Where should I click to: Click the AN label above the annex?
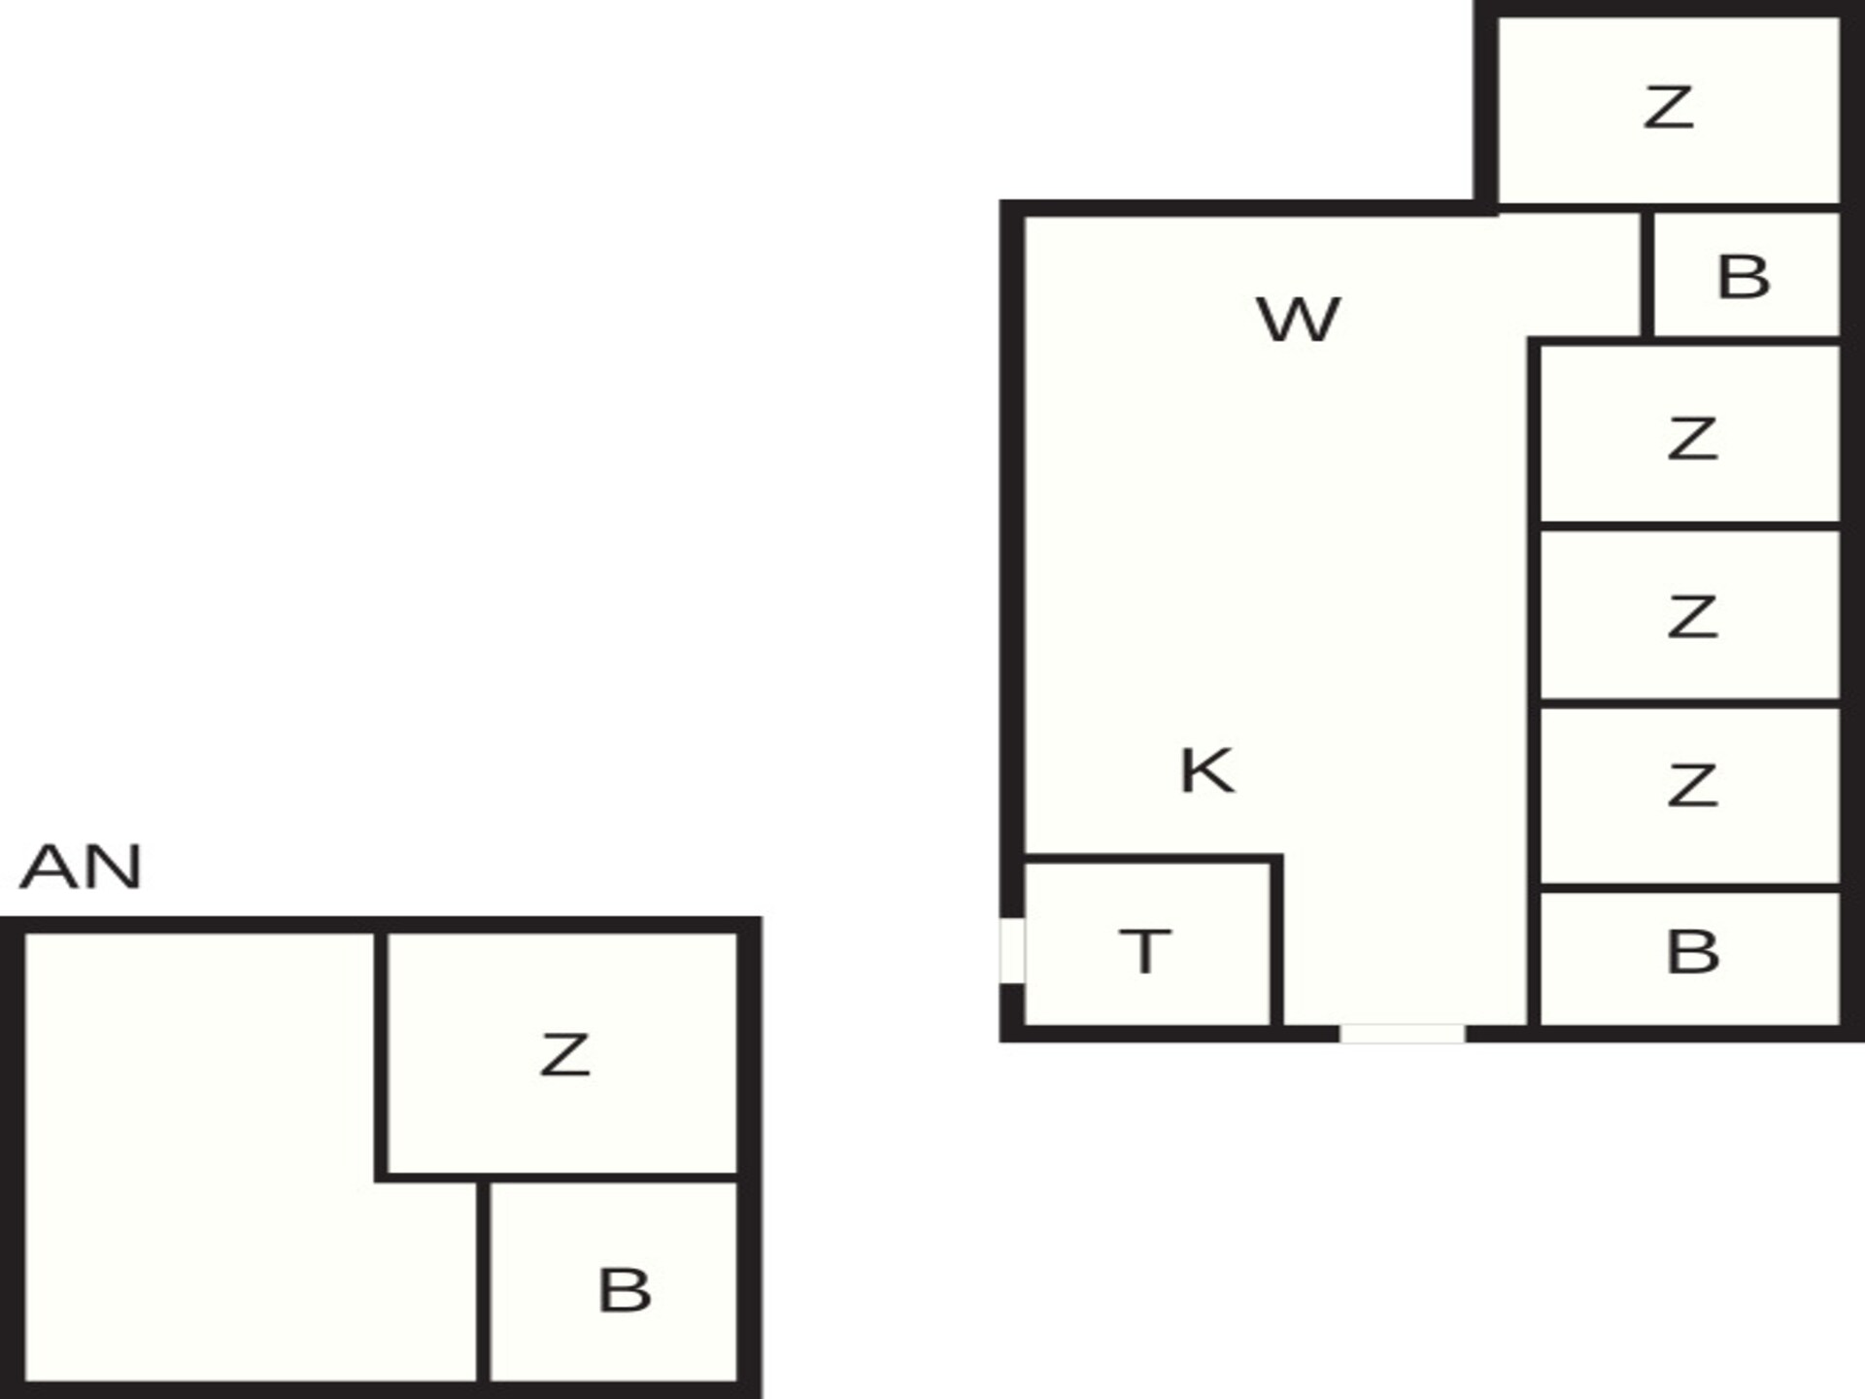[x=82, y=867]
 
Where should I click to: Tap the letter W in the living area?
[x=1299, y=320]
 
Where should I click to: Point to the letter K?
[x=1206, y=770]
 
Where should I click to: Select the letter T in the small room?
[x=1145, y=951]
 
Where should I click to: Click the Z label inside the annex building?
[x=564, y=1055]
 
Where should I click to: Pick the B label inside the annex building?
[x=624, y=1290]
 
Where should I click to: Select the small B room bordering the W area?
[x=1746, y=275]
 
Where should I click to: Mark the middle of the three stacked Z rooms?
[x=1690, y=613]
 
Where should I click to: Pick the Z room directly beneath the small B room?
[x=1690, y=433]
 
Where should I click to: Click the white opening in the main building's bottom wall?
[x=1403, y=1034]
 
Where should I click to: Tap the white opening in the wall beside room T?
[x=1012, y=950]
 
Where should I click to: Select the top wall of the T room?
[x=1153, y=859]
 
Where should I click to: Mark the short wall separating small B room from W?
[x=1647, y=275]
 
